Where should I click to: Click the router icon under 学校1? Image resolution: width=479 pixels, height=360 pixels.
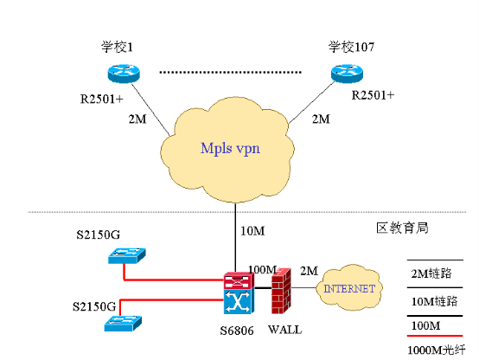click(124, 74)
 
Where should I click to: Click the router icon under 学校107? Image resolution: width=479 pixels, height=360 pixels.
click(347, 74)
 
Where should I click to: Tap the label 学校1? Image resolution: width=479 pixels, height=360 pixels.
click(117, 47)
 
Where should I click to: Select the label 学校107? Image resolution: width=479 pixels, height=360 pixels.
click(351, 47)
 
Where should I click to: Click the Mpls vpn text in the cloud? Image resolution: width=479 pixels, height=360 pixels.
click(230, 149)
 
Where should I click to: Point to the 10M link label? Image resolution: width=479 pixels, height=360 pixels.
click(252, 231)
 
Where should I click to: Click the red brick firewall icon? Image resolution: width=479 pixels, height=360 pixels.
click(281, 291)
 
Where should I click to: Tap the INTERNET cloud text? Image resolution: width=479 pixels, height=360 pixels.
click(349, 288)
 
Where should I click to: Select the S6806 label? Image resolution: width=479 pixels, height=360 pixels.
click(237, 331)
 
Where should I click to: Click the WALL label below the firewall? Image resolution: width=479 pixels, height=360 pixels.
click(285, 330)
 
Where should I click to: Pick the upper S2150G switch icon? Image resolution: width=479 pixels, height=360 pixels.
click(127, 255)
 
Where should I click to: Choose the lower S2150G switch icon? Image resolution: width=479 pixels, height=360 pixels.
click(123, 324)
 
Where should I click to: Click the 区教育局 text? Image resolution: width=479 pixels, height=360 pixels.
click(402, 228)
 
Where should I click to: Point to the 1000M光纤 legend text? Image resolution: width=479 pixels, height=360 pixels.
click(437, 350)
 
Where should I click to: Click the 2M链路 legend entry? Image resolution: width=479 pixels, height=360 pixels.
click(431, 273)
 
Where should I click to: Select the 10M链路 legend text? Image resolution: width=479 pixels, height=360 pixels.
click(434, 301)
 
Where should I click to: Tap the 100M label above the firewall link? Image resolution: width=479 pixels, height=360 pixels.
click(262, 269)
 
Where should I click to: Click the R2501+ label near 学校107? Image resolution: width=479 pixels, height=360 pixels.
click(373, 95)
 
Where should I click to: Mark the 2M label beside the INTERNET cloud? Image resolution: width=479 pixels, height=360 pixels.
click(309, 271)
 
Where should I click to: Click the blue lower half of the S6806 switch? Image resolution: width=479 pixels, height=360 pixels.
click(239, 302)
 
